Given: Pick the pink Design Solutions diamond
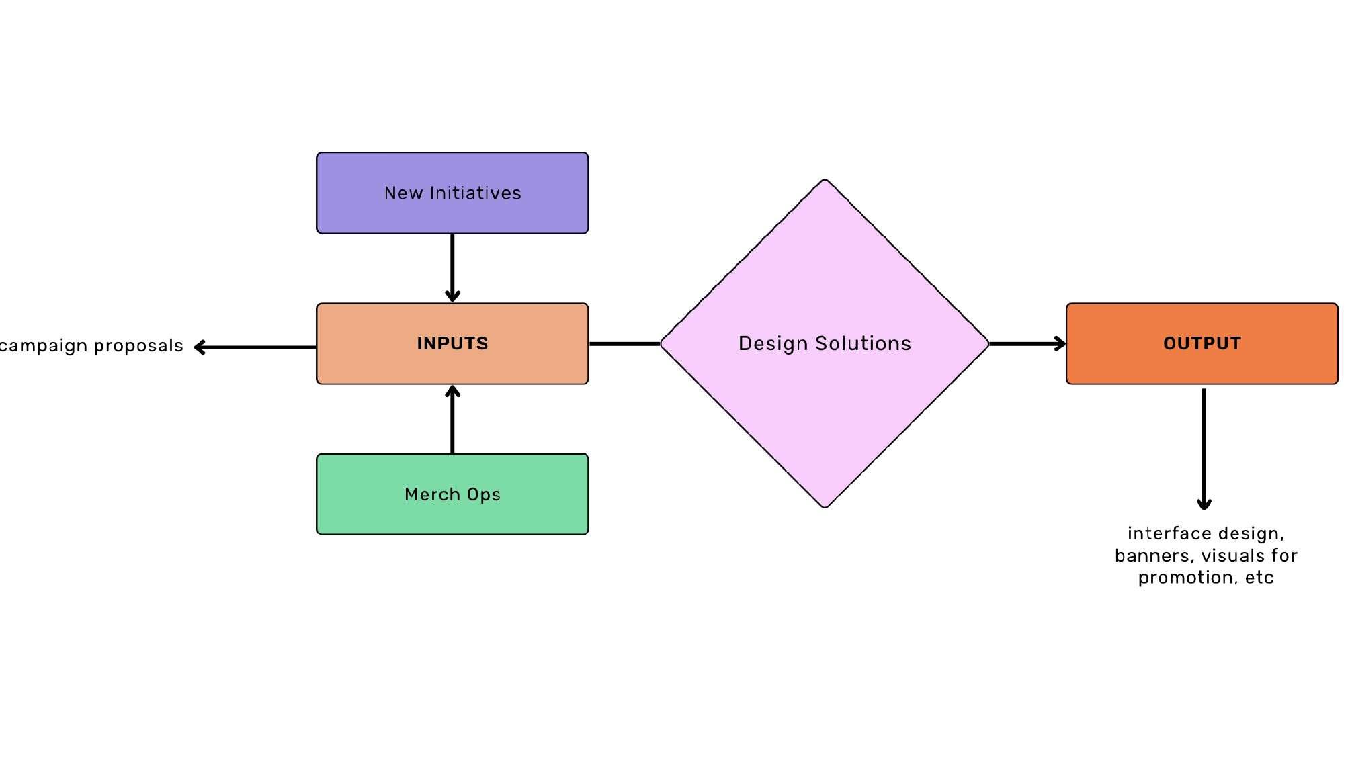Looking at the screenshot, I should coord(825,403).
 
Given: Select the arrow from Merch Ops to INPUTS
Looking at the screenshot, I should coord(452,419).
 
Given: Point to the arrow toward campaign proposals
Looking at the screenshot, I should coord(255,347).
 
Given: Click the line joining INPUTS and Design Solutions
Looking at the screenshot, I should coord(624,344).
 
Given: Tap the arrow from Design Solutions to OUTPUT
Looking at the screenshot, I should coord(1027,344).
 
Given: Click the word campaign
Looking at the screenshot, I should coord(44,346).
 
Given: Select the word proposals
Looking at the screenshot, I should coord(138,346).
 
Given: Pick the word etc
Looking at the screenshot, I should coord(1259,578).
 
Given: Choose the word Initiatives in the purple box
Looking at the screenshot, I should coord(475,193).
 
